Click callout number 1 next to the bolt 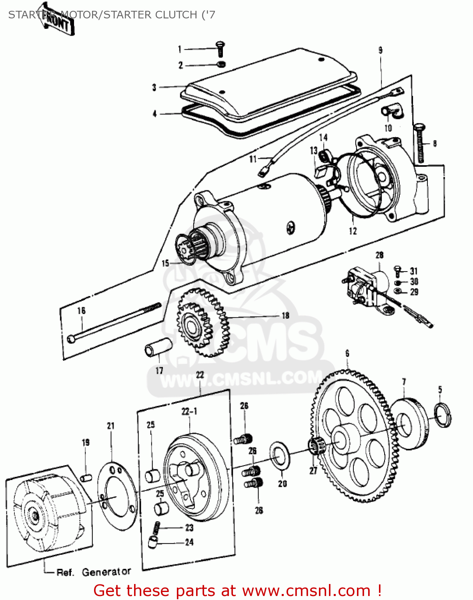(180, 49)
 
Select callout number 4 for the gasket (154, 114)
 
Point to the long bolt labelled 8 (421, 144)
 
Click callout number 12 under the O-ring (353, 231)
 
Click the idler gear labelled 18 (202, 323)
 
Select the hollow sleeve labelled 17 (158, 346)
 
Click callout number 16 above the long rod (81, 310)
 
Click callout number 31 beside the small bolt (413, 271)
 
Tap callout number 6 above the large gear (347, 353)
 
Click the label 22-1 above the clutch (189, 411)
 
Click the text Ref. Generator (94, 572)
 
